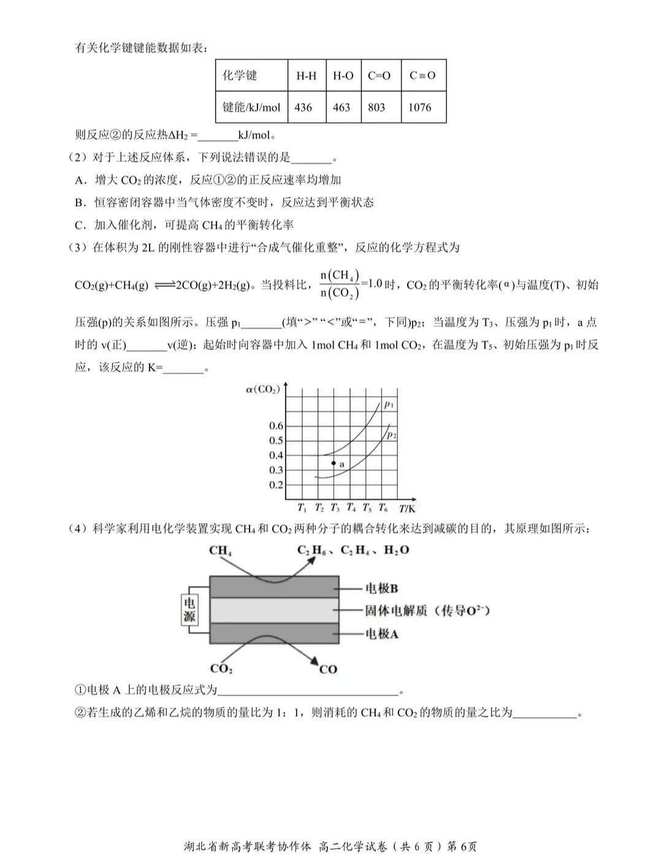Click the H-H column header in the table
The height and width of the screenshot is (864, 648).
tap(307, 76)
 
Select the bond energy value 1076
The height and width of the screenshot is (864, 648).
tap(420, 107)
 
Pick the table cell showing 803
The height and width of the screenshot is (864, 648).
tap(376, 107)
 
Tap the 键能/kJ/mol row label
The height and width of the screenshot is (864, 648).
tap(251, 107)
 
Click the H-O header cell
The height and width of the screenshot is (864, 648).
tap(343, 76)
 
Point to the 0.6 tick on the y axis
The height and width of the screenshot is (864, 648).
tap(276, 426)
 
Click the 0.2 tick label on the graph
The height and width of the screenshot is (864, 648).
tap(276, 484)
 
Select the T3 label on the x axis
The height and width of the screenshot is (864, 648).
tap(335, 507)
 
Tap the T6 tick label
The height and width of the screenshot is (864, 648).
tap(383, 507)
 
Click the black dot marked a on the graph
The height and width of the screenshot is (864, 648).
tap(334, 464)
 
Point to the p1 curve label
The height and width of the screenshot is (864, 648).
tap(389, 404)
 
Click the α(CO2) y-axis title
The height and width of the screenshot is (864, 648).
tap(262, 389)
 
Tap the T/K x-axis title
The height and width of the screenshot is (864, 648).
tap(407, 508)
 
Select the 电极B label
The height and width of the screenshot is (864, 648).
tap(381, 588)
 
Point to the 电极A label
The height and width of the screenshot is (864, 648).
tap(381, 633)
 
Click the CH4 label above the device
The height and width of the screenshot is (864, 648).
tap(221, 551)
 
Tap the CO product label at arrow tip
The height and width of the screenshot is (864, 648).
tap(328, 669)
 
